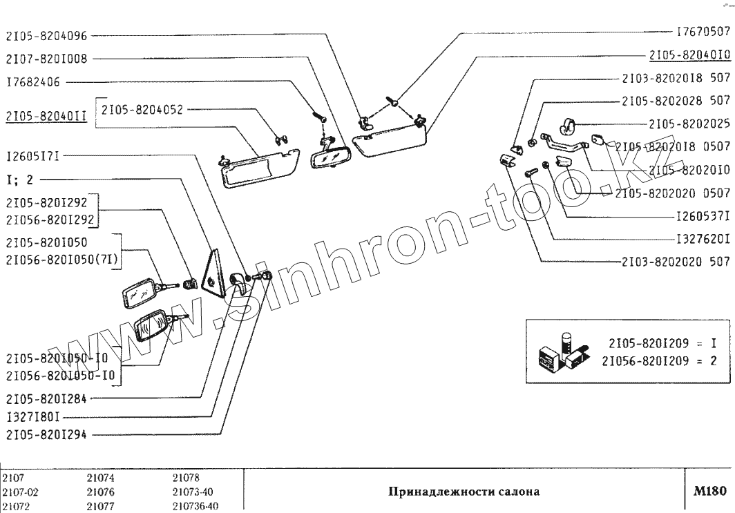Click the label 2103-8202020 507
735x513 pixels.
pyautogui.click(x=676, y=262)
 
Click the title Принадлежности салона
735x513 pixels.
pyautogui.click(x=464, y=492)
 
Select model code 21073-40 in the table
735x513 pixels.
pyautogui.click(x=191, y=492)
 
